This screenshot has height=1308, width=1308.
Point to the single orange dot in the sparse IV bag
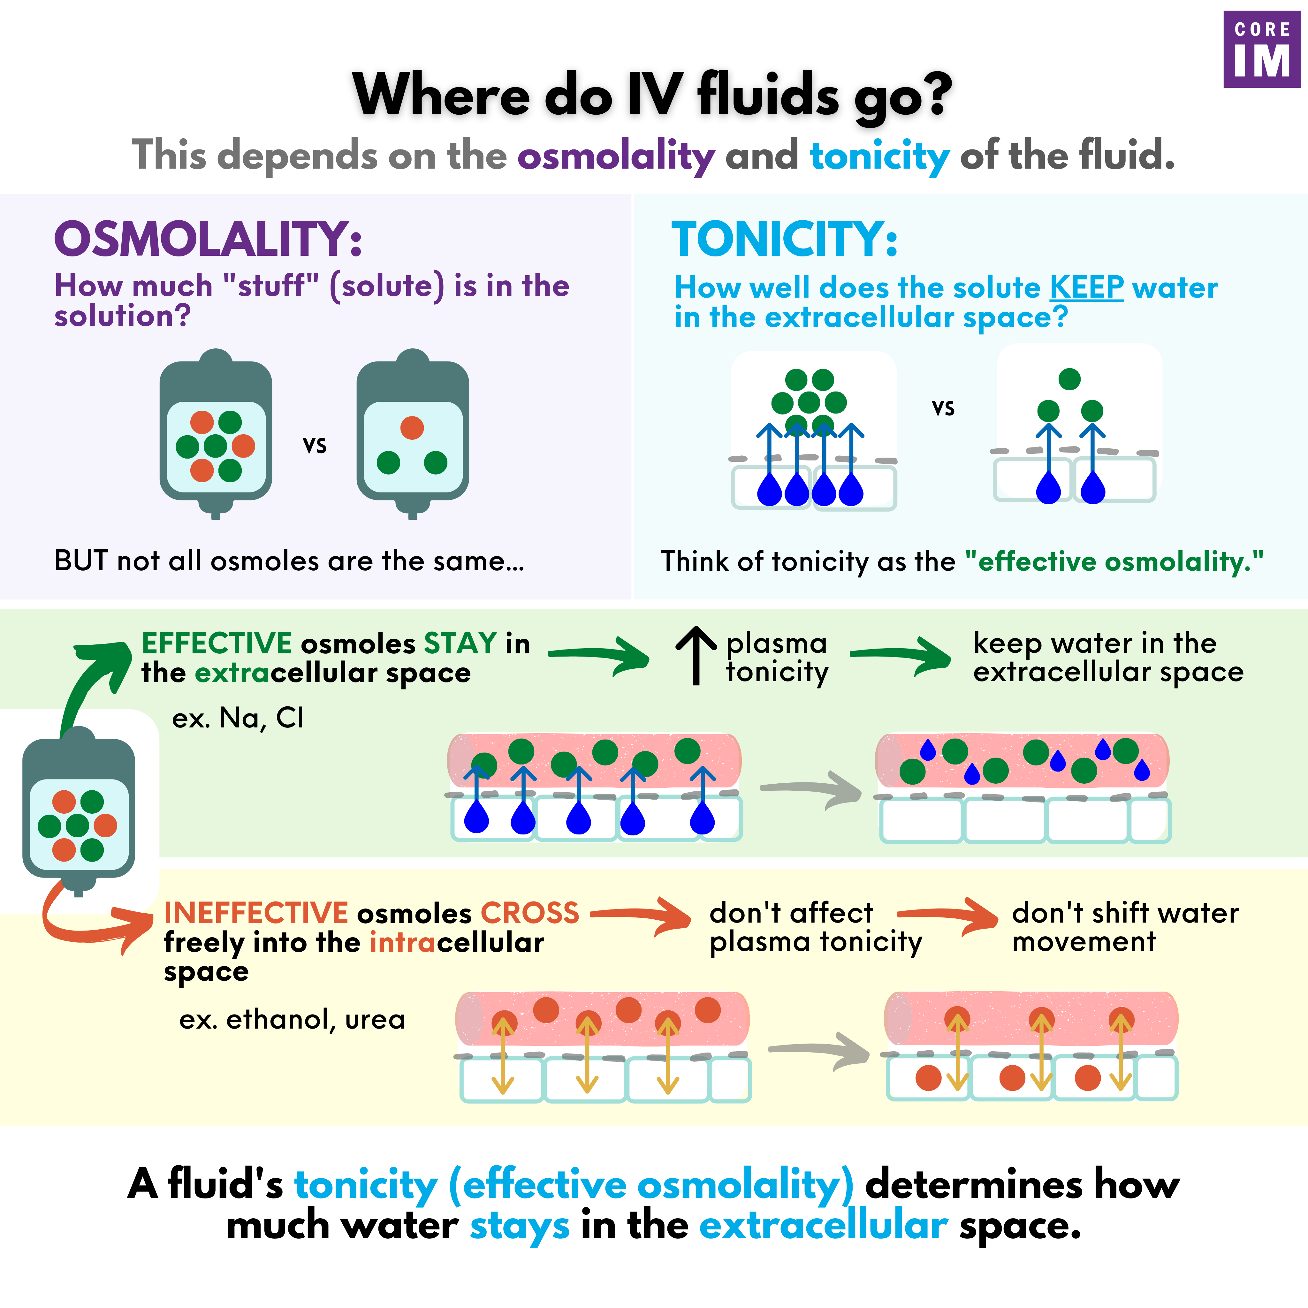pos(412,428)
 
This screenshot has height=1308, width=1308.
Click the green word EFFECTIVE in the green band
pos(217,643)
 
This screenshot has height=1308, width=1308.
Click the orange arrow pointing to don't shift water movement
pos(948,916)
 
